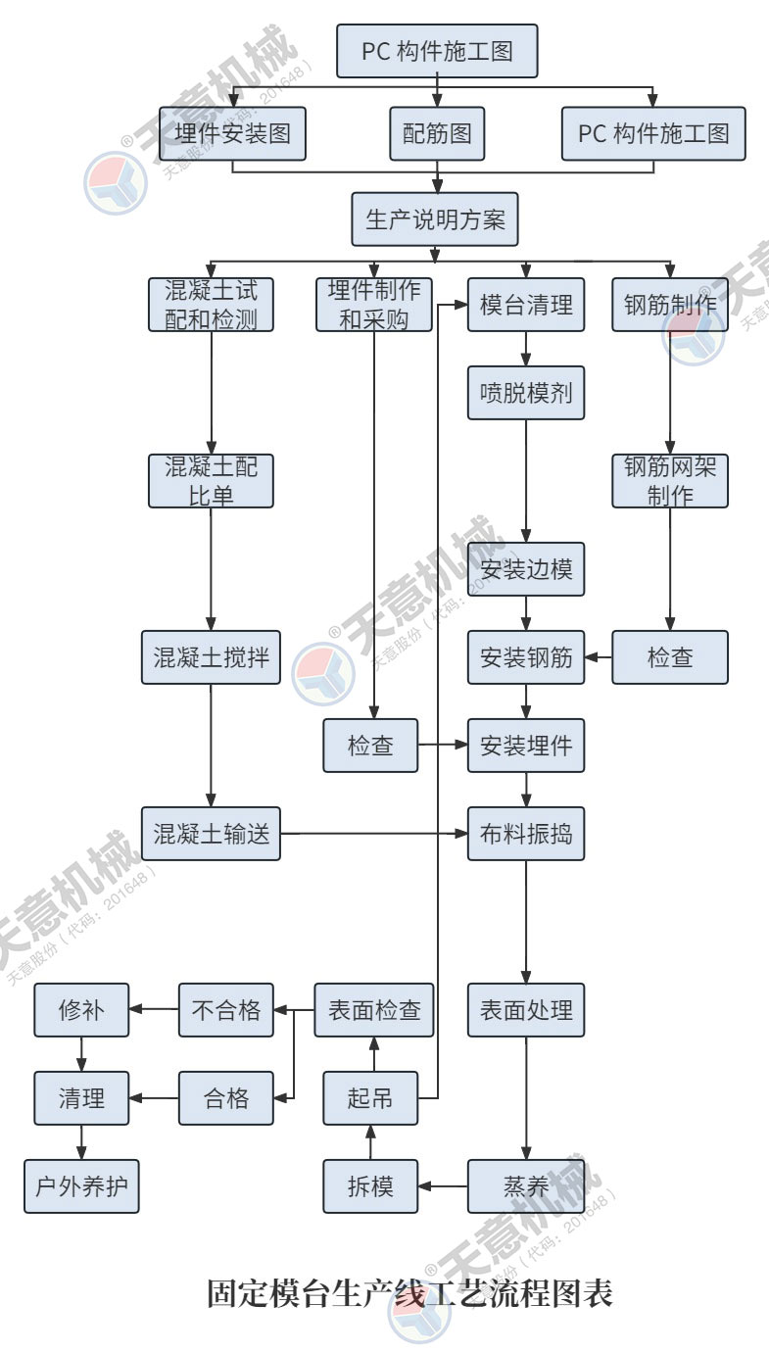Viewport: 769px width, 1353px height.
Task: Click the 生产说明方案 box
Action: [x=435, y=218]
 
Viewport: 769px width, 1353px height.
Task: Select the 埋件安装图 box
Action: [x=233, y=133]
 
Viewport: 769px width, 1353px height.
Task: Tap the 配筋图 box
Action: [x=437, y=133]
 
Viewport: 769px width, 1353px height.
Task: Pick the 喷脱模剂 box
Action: [x=526, y=394]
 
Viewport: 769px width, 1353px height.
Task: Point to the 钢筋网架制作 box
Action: [x=670, y=480]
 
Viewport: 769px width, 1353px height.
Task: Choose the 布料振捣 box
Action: [x=526, y=834]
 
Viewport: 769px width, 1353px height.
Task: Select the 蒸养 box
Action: [x=526, y=1186]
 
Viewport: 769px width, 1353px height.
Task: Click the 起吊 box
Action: [x=370, y=1098]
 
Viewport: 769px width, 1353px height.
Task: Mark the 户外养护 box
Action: [x=81, y=1186]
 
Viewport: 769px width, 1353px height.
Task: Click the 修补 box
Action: [x=81, y=1010]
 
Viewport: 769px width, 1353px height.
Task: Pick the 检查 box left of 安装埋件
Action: [x=370, y=746]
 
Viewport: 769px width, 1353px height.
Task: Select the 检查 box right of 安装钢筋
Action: [x=670, y=656]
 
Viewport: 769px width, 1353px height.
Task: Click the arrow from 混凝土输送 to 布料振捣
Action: [x=372, y=834]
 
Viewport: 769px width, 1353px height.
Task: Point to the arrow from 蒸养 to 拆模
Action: [x=443, y=1186]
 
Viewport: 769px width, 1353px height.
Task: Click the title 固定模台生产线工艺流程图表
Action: [x=409, y=1293]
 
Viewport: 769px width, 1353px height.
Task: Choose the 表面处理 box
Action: [x=526, y=1010]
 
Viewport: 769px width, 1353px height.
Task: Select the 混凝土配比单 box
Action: [x=212, y=480]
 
